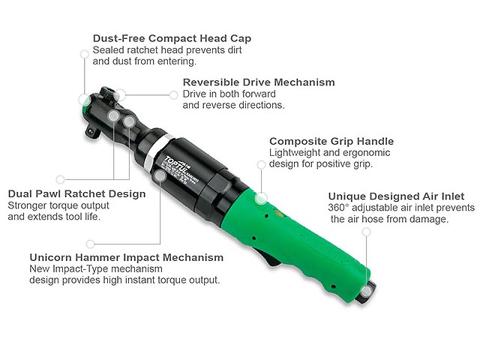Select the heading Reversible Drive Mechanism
coord(259,82)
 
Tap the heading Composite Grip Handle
coord(331,141)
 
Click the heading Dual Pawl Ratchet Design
coord(76,193)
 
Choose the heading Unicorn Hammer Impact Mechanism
coord(126,257)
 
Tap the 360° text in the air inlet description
coord(339,208)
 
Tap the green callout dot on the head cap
coord(83,99)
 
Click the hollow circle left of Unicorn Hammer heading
coord(91,244)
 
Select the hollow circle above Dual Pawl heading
coord(61,179)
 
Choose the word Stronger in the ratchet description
coord(28,205)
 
